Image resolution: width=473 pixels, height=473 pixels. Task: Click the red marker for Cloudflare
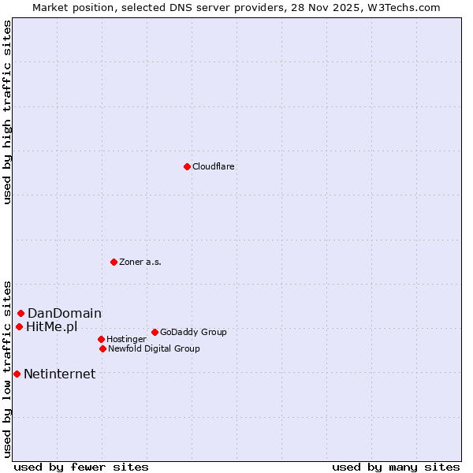[x=187, y=166]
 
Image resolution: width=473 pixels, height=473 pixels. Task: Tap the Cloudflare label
[x=213, y=166]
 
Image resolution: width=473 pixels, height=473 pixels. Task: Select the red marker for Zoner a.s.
[x=114, y=262]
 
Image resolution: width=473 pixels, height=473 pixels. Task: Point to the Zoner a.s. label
[x=140, y=262]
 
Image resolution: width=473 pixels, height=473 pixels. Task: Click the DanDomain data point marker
[x=20, y=313]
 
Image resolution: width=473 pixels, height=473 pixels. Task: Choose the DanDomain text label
[x=65, y=314]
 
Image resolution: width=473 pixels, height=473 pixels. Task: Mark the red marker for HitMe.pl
[x=19, y=326]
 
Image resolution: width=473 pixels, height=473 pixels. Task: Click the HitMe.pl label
[x=52, y=327]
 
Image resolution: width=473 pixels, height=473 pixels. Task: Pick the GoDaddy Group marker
[x=155, y=332]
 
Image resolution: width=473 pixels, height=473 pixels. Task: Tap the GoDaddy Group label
[x=193, y=332]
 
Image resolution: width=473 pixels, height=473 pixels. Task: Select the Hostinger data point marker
[x=101, y=339]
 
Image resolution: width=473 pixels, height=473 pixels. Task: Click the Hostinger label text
[x=126, y=339]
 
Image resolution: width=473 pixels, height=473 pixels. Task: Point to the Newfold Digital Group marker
[x=102, y=348]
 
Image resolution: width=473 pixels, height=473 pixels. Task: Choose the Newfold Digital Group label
[x=154, y=348]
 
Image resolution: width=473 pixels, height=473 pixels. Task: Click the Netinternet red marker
[x=17, y=374]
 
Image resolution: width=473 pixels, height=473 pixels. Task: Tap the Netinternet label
[x=59, y=374]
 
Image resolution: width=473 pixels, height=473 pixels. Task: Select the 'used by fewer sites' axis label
[x=81, y=467]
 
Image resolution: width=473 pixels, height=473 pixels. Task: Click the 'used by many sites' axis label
[x=396, y=467]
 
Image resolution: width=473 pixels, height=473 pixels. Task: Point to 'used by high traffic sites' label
[x=7, y=112]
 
